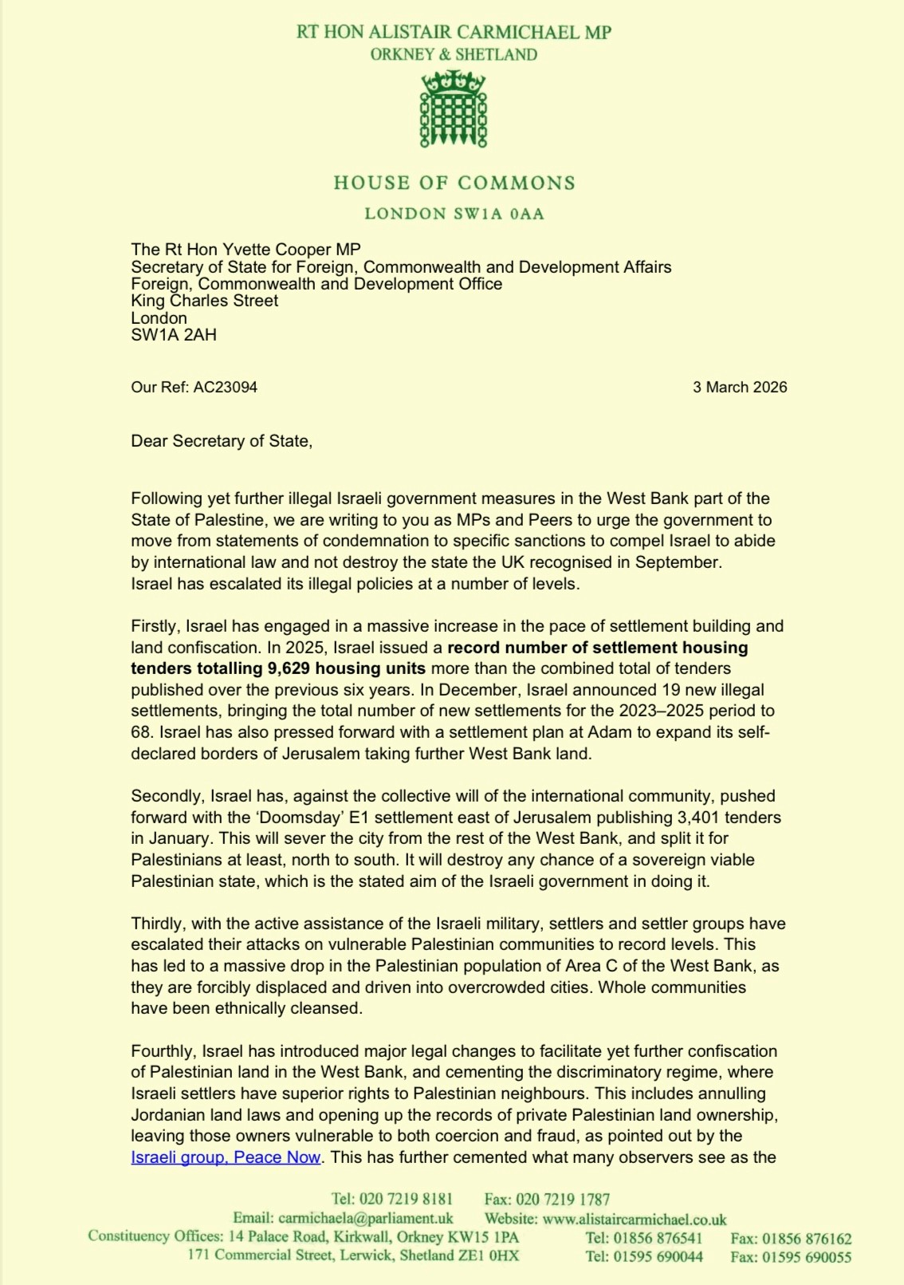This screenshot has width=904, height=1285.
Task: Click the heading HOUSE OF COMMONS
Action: click(454, 183)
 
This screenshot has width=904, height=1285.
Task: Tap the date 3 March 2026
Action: click(739, 388)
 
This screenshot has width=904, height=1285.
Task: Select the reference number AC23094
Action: click(225, 388)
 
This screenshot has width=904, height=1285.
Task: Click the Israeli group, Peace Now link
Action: click(226, 1157)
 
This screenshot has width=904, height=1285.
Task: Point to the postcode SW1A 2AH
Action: click(174, 335)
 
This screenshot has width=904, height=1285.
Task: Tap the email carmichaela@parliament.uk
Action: click(365, 1218)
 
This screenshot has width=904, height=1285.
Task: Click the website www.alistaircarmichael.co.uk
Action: click(635, 1219)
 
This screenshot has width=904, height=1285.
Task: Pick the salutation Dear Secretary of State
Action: click(221, 441)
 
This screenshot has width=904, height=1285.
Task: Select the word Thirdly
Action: click(159, 924)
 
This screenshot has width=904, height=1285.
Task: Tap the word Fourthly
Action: click(163, 1051)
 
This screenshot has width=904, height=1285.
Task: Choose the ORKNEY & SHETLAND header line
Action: click(454, 55)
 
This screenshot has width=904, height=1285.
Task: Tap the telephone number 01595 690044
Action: click(658, 1257)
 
